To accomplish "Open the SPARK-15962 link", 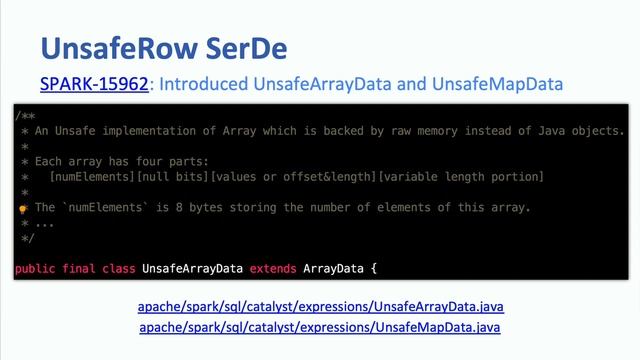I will (x=94, y=85).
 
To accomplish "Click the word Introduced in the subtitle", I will (x=207, y=85).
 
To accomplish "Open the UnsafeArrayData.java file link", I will (x=320, y=307).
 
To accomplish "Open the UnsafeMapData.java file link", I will (x=320, y=327).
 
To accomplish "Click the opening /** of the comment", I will (x=25, y=116).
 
